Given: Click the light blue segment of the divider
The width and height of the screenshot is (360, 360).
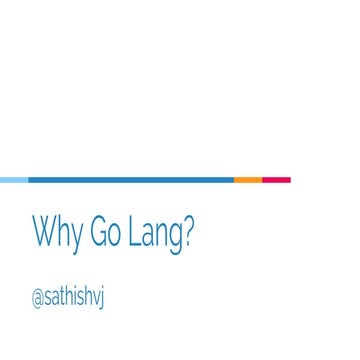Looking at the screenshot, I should tap(14, 180).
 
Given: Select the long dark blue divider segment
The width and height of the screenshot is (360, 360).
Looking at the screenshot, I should tap(130, 180).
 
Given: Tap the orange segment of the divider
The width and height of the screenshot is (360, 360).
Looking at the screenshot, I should tap(247, 180).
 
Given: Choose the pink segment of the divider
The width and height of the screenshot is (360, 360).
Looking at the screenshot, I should tap(276, 180).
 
